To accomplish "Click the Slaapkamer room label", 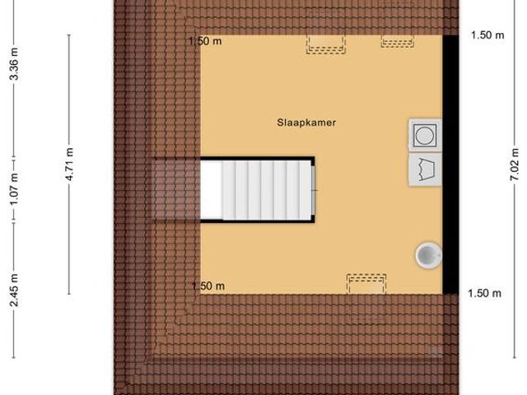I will click(x=306, y=122).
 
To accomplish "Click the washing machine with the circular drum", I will click(x=425, y=134).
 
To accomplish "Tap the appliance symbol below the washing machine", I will click(x=425, y=169).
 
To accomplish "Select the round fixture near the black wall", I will click(x=428, y=255).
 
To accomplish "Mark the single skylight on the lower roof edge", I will click(x=366, y=283).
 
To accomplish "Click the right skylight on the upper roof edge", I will click(x=398, y=40).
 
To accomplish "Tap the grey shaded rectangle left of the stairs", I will click(x=175, y=189).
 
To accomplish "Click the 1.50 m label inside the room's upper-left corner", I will click(x=206, y=41).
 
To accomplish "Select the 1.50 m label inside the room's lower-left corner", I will click(x=208, y=286).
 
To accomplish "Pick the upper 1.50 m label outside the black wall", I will click(x=487, y=35).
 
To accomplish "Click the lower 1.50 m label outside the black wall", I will click(x=484, y=293).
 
